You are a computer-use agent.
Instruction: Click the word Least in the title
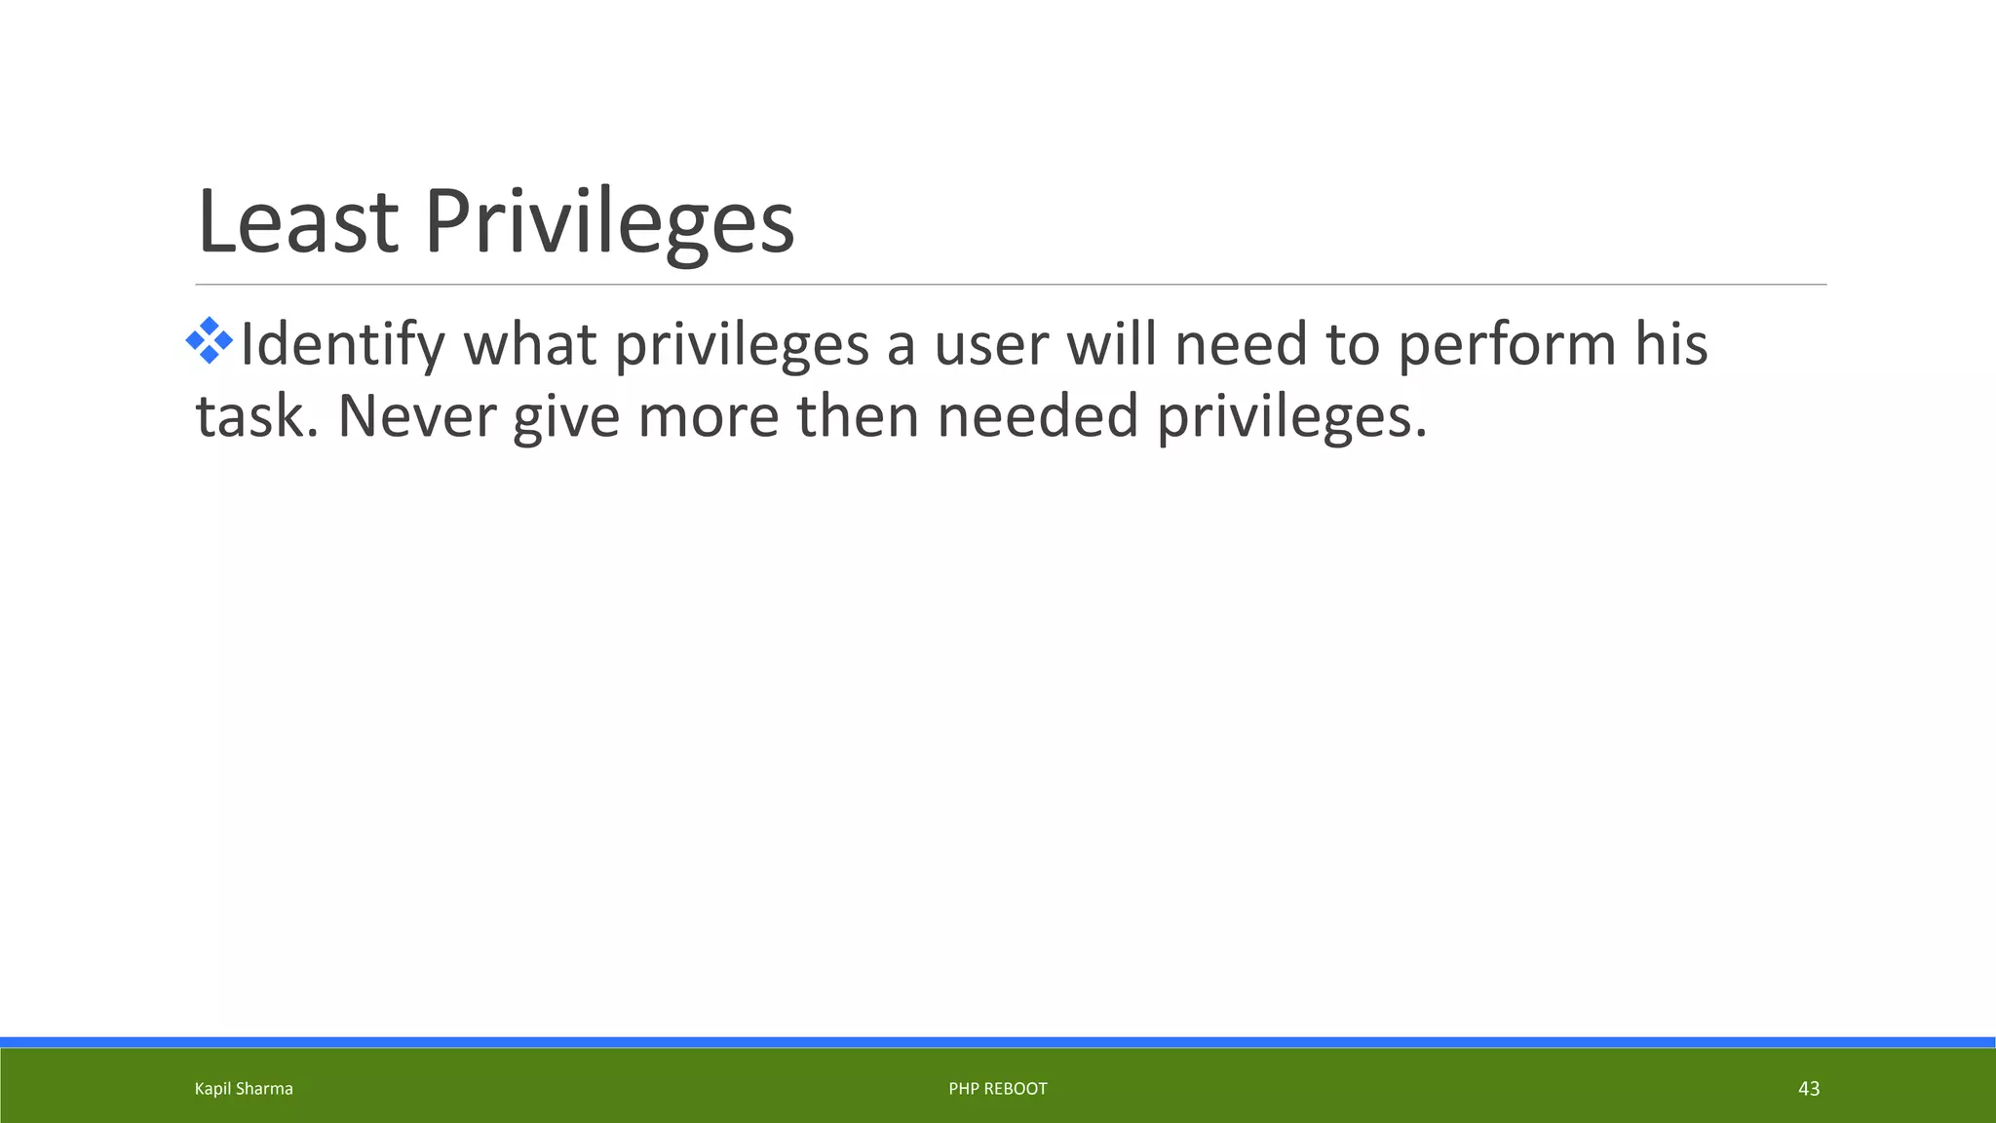[297, 222]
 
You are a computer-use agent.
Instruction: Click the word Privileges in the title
[609, 222]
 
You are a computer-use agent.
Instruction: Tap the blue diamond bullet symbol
[210, 341]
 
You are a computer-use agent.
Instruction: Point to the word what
[529, 345]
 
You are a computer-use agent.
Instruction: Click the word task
[257, 416]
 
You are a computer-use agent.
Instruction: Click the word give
[565, 416]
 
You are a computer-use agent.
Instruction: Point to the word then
[858, 416]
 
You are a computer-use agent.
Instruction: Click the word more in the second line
[708, 416]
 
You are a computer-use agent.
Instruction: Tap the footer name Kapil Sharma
[244, 1089]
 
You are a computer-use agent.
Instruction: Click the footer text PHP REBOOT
[998, 1089]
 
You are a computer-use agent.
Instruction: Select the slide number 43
[1808, 1089]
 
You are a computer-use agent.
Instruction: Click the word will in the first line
[1111, 345]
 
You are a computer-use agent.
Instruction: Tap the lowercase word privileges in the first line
[741, 345]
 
